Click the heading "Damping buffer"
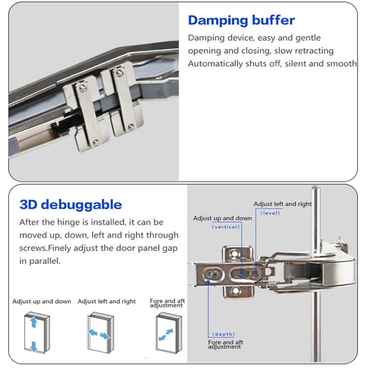click(241, 20)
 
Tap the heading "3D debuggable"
click(71, 205)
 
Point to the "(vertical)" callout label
click(226, 227)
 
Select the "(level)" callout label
click(270, 213)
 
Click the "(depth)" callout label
click(223, 334)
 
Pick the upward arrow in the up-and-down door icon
click(33, 323)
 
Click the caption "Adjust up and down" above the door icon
click(42, 301)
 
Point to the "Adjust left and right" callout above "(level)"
click(283, 204)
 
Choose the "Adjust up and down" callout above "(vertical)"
click(222, 218)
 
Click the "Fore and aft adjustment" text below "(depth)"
click(226, 344)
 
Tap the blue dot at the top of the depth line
click(208, 282)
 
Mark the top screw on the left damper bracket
click(84, 87)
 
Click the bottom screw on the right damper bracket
click(131, 127)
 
